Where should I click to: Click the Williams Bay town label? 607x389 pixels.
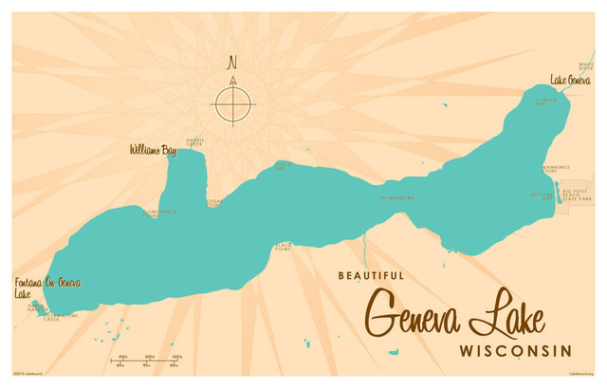pos(153,150)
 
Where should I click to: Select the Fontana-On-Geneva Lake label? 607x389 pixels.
pos(47,288)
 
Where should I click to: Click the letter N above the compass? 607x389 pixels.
pos(231,65)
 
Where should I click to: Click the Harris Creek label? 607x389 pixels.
pos(194,141)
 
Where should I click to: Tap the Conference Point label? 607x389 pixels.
pos(159,213)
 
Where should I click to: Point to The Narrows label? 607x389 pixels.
pos(396,197)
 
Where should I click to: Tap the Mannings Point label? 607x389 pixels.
pos(556,168)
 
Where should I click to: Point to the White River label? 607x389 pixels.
pos(585,66)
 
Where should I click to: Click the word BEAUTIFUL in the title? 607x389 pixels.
pos(371,276)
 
